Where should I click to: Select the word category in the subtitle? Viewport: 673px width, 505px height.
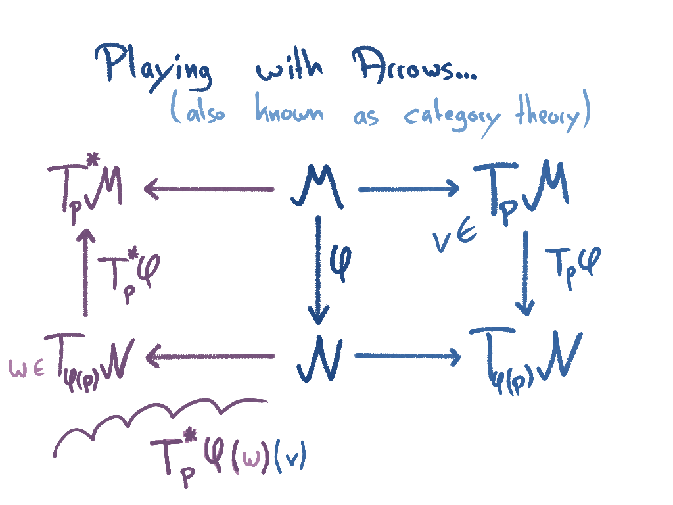click(x=452, y=117)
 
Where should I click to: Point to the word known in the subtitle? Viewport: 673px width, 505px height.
click(x=289, y=114)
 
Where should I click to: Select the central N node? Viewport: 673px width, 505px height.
click(x=319, y=360)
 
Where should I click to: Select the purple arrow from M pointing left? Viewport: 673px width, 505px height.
click(x=209, y=190)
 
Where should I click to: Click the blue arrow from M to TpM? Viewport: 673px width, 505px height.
click(x=408, y=190)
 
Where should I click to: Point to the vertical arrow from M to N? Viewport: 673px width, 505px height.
click(x=318, y=270)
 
